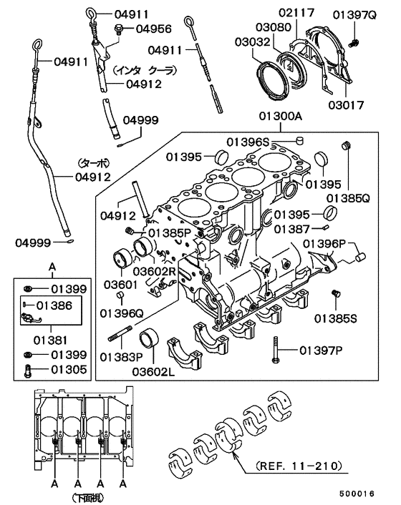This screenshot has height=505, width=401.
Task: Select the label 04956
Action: [x=153, y=29]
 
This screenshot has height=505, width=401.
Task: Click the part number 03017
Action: [x=347, y=105]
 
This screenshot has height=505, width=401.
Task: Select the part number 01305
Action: [x=69, y=370]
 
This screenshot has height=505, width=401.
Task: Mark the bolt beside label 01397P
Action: [x=275, y=350]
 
